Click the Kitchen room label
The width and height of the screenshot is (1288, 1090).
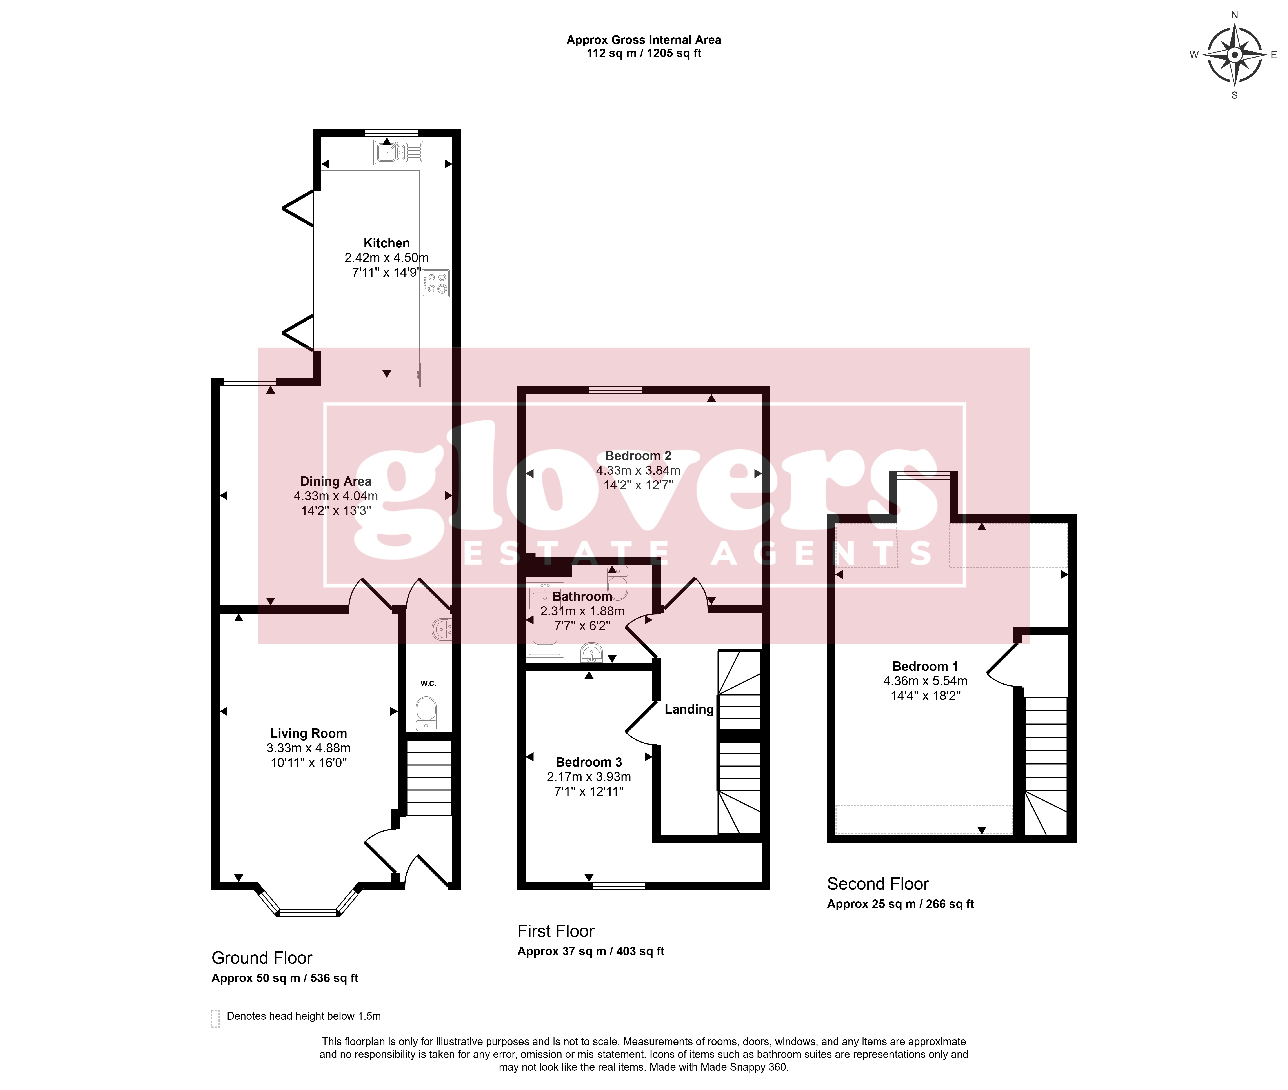pyautogui.click(x=386, y=243)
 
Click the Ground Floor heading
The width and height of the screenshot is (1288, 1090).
pyautogui.click(x=262, y=958)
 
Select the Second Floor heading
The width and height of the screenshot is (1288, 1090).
pyautogui.click(x=878, y=884)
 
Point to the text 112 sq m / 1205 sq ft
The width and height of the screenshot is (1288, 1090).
pyautogui.click(x=644, y=53)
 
